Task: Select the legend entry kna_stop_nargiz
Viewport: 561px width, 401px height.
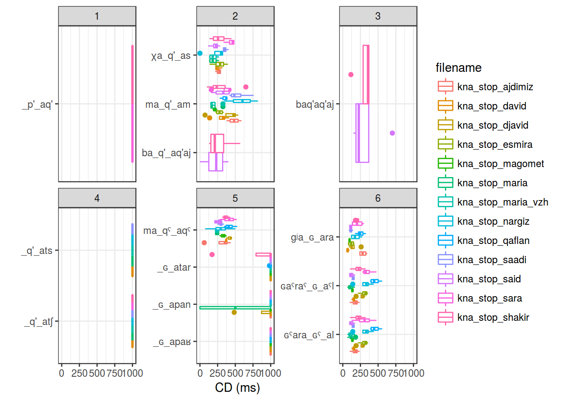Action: click(x=493, y=221)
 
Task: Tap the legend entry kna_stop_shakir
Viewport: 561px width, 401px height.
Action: click(x=493, y=317)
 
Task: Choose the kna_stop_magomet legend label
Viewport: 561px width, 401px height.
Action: click(x=500, y=164)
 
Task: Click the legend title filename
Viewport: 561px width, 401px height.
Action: click(x=458, y=68)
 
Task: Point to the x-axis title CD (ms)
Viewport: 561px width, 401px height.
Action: click(x=237, y=388)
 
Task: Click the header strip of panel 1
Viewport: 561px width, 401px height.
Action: click(x=97, y=16)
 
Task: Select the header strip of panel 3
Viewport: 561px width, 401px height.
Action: click(x=378, y=16)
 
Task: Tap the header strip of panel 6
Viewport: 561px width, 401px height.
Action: click(x=378, y=198)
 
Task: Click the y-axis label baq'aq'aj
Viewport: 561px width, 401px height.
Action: click(x=315, y=104)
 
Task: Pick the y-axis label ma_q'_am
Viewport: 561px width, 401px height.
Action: click(x=168, y=104)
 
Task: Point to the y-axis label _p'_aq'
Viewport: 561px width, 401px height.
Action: click(x=37, y=104)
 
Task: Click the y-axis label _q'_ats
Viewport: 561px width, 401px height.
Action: click(x=37, y=251)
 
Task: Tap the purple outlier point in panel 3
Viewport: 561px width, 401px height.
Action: click(x=392, y=133)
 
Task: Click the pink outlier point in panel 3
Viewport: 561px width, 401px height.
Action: click(x=351, y=75)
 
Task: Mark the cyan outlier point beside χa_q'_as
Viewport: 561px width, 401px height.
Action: click(x=200, y=53)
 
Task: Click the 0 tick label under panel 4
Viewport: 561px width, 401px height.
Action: click(x=62, y=373)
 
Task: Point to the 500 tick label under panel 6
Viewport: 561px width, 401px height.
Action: click(x=378, y=373)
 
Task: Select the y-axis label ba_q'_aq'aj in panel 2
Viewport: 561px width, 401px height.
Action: click(x=166, y=153)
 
